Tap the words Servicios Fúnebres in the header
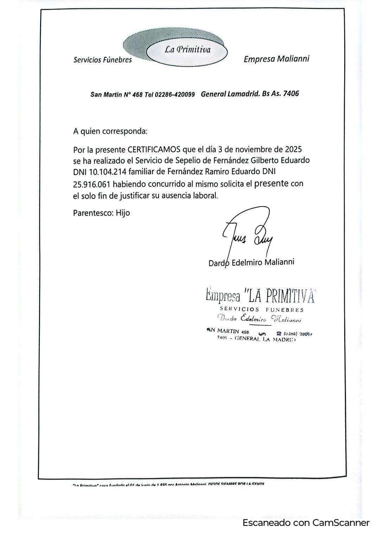(102, 60)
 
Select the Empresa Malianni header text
(276, 59)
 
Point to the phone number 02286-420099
(175, 95)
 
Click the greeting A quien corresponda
(110, 132)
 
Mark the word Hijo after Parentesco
(123, 213)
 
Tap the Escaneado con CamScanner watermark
(306, 523)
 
